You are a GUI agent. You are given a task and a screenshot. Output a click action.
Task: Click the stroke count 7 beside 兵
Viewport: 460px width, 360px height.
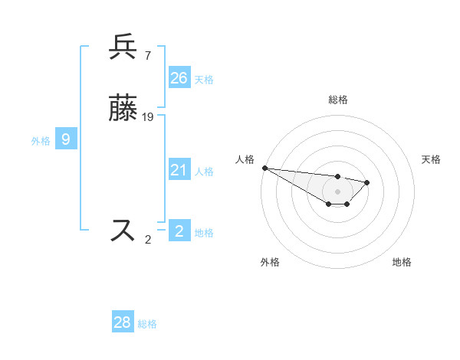(x=147, y=55)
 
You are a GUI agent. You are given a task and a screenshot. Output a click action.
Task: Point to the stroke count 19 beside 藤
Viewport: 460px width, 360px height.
(x=148, y=116)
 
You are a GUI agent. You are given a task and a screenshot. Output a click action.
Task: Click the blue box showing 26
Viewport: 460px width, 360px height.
(x=179, y=77)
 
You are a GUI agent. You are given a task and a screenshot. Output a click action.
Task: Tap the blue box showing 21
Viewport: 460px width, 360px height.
(x=179, y=170)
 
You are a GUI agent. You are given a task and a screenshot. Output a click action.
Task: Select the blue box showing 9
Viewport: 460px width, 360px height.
(x=67, y=139)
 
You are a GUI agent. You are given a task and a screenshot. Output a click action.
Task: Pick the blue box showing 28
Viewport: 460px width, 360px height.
(x=123, y=322)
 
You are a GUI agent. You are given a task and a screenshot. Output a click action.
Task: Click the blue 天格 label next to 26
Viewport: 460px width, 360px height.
(x=204, y=79)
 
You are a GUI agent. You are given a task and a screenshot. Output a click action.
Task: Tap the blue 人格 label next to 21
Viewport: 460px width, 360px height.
(x=204, y=172)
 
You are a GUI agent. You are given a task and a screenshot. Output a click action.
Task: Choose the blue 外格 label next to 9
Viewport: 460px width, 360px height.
(x=41, y=141)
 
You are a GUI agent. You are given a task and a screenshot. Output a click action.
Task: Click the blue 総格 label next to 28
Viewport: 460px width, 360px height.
(x=147, y=324)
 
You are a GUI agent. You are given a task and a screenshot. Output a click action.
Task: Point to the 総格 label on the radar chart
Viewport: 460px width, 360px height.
(x=337, y=100)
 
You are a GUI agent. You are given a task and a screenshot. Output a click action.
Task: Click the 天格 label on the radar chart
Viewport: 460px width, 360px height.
(x=431, y=159)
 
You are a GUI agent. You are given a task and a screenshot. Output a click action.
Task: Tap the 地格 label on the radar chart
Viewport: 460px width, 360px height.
(x=402, y=262)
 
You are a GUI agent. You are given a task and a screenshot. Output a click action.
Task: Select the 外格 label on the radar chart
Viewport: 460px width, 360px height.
(x=270, y=262)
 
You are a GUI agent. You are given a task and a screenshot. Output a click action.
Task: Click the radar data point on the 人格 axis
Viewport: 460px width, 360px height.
(x=264, y=168)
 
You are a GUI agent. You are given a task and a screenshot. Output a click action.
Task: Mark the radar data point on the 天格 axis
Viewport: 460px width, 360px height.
(x=367, y=182)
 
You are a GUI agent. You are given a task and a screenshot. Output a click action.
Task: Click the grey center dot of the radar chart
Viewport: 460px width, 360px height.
(x=337, y=191)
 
